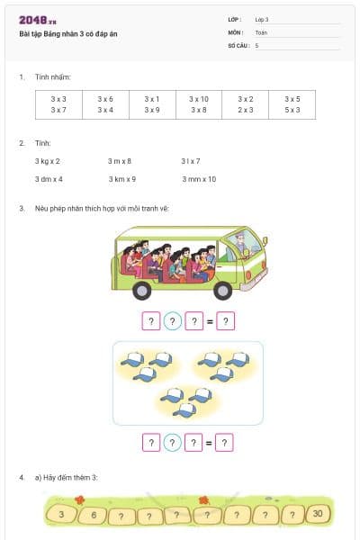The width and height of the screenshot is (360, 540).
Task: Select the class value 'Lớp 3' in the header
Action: click(262, 19)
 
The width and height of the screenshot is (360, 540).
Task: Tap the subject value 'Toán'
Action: click(261, 31)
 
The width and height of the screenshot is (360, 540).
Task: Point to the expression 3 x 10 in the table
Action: click(199, 98)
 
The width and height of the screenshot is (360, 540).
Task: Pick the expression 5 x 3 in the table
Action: click(292, 110)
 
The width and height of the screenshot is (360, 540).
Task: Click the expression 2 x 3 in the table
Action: click(246, 110)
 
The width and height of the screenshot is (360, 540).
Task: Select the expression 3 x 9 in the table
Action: click(152, 110)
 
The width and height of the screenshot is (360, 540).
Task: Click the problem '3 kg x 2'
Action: click(48, 161)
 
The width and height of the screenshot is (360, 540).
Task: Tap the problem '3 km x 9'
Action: click(122, 179)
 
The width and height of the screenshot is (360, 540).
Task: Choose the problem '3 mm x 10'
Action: click(199, 179)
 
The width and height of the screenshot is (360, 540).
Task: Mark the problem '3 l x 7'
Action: click(190, 161)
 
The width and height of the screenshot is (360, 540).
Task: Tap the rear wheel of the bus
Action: click(141, 289)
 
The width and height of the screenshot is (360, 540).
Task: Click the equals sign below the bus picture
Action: click(210, 320)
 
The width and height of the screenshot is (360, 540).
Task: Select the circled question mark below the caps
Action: click(173, 442)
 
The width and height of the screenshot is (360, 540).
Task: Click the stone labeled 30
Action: click(319, 515)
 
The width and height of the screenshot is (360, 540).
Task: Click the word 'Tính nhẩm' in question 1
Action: click(53, 77)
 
